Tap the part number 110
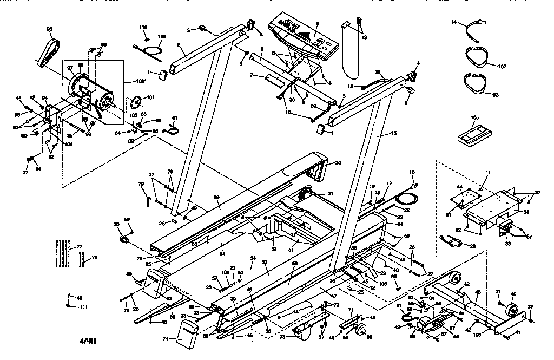point(143,27)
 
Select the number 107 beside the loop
point(503,67)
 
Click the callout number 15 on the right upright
point(393,132)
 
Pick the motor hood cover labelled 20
point(303,170)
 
